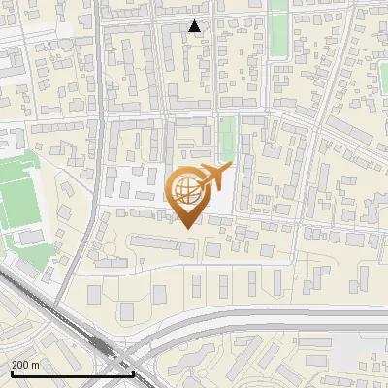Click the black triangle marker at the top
pos(196,27)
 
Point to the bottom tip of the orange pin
pos(187,226)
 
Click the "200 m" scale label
pos(25,365)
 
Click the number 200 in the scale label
pos(20,365)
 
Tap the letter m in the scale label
pos(35,365)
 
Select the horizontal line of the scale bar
pos(58,373)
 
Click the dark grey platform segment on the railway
pos(99,345)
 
